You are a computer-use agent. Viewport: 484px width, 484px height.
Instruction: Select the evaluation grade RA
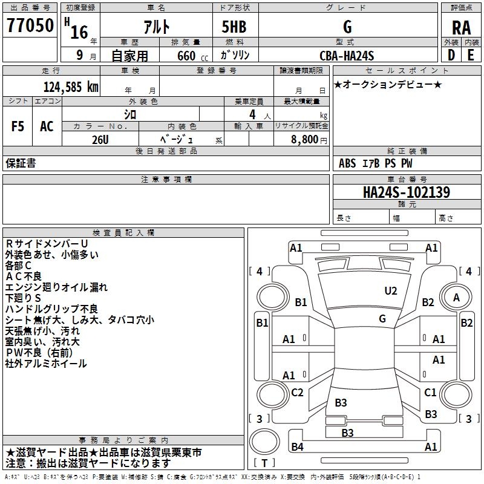[x=461, y=27]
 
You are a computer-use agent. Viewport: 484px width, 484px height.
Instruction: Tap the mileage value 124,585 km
[x=71, y=87]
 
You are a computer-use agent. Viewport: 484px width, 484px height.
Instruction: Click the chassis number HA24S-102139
[x=406, y=192]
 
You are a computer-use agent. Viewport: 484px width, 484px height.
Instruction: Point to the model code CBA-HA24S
[x=347, y=56]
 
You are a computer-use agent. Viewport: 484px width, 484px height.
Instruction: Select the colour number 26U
[x=100, y=139]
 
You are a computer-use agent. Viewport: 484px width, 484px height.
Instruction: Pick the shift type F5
[x=17, y=126]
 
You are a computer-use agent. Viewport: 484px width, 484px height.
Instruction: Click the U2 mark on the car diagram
[x=391, y=291]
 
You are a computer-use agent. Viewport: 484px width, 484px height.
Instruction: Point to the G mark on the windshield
[x=382, y=318]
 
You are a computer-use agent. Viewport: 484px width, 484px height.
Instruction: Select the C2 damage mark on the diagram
[x=297, y=393]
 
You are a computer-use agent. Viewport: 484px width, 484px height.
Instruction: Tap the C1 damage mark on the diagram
[x=430, y=393]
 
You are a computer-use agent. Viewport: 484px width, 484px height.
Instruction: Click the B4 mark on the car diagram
[x=297, y=447]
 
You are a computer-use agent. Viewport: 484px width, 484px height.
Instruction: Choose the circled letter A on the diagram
[x=457, y=297]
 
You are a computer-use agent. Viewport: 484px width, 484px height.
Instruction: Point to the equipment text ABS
[x=347, y=163]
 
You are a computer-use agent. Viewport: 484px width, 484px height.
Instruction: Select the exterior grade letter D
[x=451, y=56]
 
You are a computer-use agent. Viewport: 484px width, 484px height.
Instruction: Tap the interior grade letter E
[x=471, y=56]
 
